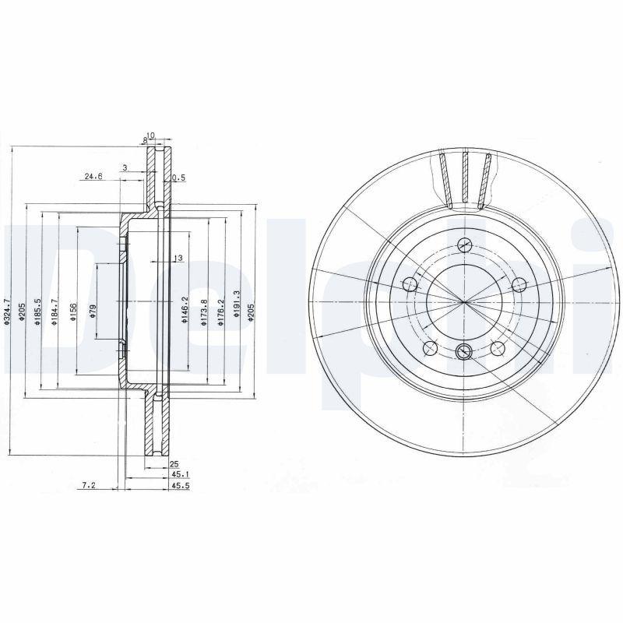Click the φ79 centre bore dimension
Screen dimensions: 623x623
[93, 311]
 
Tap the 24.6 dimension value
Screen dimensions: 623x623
[93, 177]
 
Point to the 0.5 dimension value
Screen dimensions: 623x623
[178, 178]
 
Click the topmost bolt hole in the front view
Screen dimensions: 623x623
[464, 245]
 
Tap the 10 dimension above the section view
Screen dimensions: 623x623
[151, 136]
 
